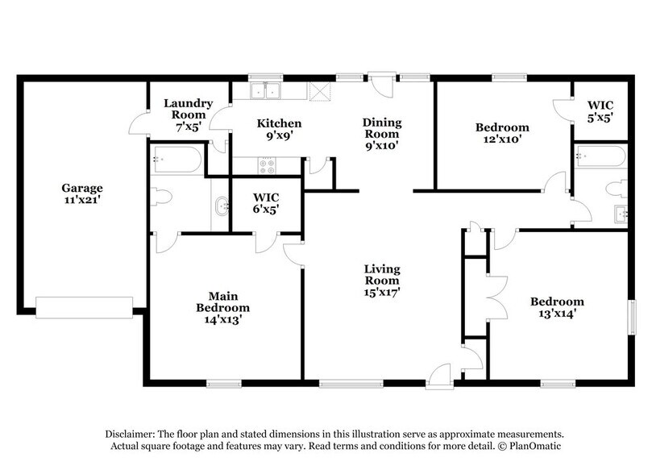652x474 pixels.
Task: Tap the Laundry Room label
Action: click(188, 109)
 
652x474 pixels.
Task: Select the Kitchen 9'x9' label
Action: click(279, 129)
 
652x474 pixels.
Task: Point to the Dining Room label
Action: click(382, 134)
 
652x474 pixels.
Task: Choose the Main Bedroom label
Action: click(222, 307)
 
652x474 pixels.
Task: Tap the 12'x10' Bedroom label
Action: click(501, 133)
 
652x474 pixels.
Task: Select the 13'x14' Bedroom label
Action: click(556, 308)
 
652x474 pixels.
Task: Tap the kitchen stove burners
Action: click(266, 165)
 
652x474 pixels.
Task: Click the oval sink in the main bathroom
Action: click(220, 207)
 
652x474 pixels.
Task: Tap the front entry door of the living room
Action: click(438, 375)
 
